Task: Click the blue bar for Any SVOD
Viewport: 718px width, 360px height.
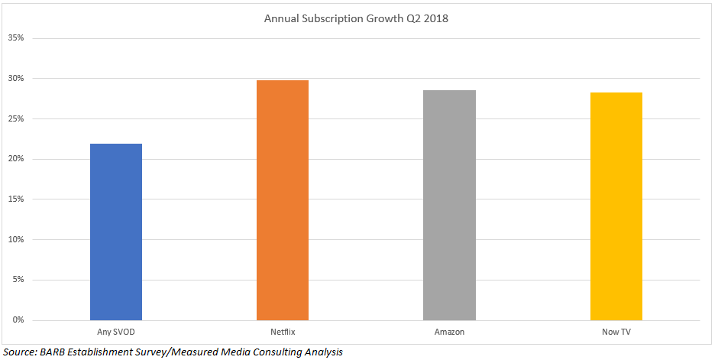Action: coord(116,232)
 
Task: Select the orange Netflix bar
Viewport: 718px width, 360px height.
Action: coord(283,200)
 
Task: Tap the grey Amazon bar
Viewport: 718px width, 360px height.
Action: coord(449,205)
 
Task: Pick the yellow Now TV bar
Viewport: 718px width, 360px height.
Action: coord(616,206)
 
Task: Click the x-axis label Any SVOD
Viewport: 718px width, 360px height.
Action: coord(116,332)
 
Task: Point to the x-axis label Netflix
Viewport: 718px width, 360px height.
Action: coord(283,332)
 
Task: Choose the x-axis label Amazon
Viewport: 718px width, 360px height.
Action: coord(449,332)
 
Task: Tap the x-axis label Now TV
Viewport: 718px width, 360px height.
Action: coord(616,332)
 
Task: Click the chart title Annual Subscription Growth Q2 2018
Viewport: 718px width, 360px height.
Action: coord(356,18)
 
